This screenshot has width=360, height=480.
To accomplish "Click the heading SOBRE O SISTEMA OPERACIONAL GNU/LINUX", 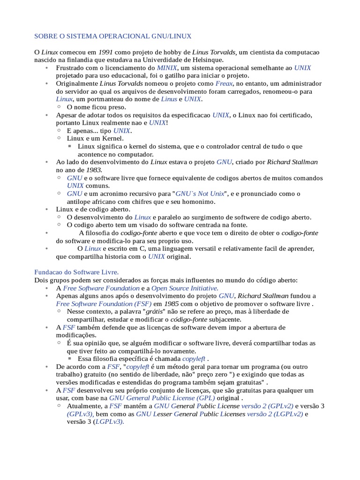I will click(x=113, y=36).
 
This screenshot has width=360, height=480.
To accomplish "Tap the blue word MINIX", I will click(x=167, y=68).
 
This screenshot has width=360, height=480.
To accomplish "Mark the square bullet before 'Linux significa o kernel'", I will click(x=70, y=146).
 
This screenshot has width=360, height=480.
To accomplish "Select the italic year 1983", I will click(x=94, y=170).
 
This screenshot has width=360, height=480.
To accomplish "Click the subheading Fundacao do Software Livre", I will click(x=77, y=272).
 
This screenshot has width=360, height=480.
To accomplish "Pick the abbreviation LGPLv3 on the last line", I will click(x=109, y=422).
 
